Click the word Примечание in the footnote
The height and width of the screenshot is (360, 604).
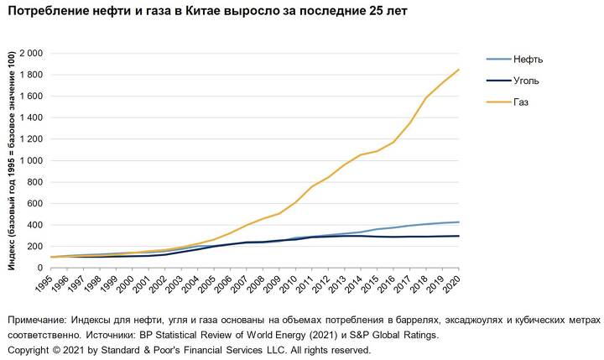tap(37, 321)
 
